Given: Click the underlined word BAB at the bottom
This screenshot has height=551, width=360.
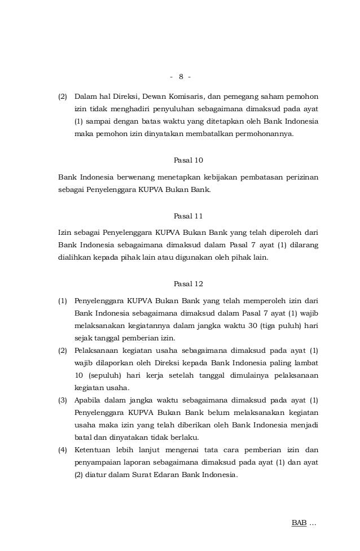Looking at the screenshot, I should coord(298,523).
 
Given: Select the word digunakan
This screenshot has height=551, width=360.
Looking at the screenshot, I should coord(196,259).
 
